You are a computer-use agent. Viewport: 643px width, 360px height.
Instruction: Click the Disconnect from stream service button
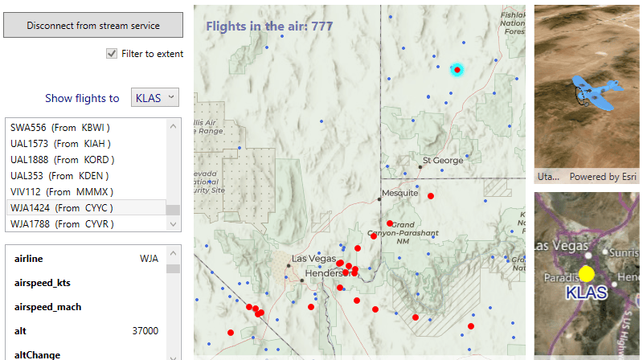pyautogui.click(x=93, y=25)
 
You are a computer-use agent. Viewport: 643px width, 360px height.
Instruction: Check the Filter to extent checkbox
pyautogui.click(x=112, y=54)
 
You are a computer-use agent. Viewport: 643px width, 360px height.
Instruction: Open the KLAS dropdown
pyautogui.click(x=154, y=98)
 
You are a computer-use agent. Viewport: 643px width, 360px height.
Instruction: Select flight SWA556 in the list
pyautogui.click(x=60, y=127)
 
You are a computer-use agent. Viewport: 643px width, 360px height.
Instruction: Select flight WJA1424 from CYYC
pyautogui.click(x=62, y=207)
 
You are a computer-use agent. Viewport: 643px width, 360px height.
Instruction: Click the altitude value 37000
pyautogui.click(x=145, y=330)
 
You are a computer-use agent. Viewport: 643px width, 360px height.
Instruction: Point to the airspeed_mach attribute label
pyautogui.click(x=48, y=307)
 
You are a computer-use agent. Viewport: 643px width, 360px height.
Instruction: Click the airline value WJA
pyautogui.click(x=149, y=259)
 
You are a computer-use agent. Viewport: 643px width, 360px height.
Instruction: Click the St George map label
pyautogui.click(x=443, y=160)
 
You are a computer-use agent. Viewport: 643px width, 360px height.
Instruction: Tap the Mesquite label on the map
pyautogui.click(x=399, y=193)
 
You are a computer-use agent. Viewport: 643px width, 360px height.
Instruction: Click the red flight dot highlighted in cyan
pyautogui.click(x=457, y=70)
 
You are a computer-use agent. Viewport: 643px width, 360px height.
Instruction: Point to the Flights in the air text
pyautogui.click(x=269, y=26)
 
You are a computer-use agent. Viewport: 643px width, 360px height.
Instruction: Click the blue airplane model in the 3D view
pyautogui.click(x=596, y=92)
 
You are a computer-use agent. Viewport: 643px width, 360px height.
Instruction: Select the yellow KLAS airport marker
pyautogui.click(x=587, y=273)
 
